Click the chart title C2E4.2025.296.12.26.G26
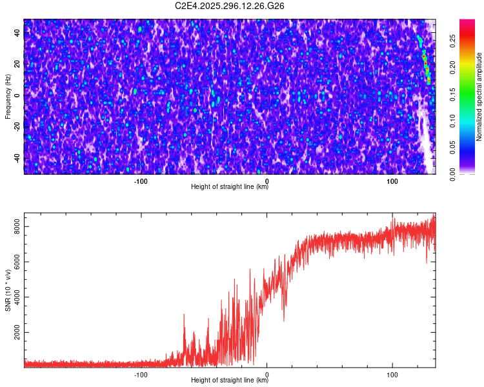pos(230,6)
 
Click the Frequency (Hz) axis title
pos(8,96)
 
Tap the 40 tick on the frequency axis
pos(17,34)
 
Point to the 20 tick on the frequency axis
pos(17,64)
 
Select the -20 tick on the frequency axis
pos(17,127)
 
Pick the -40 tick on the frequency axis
pos(17,158)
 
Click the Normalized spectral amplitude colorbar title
pos(479,96)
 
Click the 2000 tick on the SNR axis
pos(17,333)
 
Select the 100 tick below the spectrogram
pos(392,181)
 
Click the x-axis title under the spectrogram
pos(229,187)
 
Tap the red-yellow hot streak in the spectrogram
pos(426,64)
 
